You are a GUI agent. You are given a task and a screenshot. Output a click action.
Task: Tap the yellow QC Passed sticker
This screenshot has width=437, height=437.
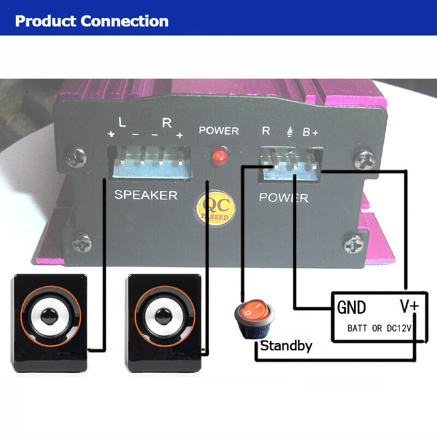(216, 208)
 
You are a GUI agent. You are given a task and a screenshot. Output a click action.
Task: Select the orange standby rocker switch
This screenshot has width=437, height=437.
(255, 315)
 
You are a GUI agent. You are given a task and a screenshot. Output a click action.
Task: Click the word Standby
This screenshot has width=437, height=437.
(286, 346)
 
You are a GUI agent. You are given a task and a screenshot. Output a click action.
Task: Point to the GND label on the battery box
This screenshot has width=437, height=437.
(351, 308)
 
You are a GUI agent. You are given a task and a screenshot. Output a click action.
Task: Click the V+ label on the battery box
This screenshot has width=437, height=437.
(409, 306)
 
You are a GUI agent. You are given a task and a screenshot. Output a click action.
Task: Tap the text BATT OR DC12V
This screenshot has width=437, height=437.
(379, 329)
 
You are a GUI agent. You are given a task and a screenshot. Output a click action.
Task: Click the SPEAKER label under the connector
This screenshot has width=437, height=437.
(145, 195)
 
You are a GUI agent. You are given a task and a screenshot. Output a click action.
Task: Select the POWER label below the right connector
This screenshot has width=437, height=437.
(284, 198)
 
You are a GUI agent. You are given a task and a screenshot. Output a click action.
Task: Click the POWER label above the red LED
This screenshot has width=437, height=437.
(218, 131)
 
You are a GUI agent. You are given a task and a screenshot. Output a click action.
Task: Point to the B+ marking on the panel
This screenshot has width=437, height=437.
(311, 132)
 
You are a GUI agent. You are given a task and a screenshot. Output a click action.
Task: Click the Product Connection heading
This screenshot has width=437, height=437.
(92, 21)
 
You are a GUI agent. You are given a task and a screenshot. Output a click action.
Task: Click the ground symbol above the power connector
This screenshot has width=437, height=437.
(289, 132)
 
